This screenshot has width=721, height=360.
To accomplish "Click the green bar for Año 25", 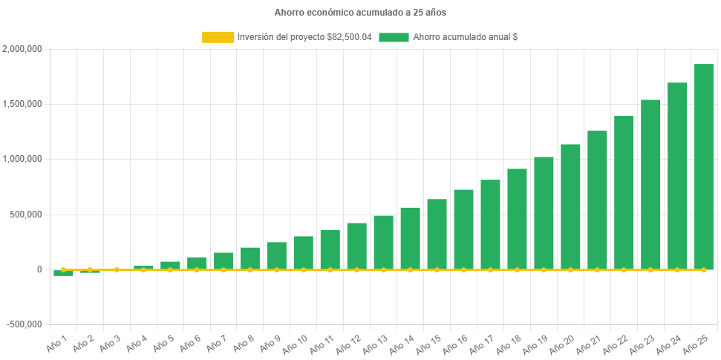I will click(x=703, y=167).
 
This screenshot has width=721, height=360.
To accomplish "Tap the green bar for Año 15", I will click(x=437, y=234).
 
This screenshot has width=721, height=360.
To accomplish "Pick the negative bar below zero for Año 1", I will click(x=63, y=273).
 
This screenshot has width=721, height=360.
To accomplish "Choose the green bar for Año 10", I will click(x=303, y=252).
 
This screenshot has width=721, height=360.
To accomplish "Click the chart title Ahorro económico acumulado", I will click(x=360, y=13).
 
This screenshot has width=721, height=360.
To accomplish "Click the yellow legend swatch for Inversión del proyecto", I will click(x=218, y=37).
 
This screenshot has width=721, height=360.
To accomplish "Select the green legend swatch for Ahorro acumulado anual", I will click(x=394, y=37).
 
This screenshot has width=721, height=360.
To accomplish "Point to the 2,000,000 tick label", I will click(x=22, y=49).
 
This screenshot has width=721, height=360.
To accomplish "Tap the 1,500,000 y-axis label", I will click(x=22, y=104).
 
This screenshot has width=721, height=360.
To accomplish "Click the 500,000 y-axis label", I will click(x=26, y=215).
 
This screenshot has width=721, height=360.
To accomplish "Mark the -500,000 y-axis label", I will click(x=24, y=324).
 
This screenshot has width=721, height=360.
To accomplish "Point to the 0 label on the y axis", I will click(x=39, y=269).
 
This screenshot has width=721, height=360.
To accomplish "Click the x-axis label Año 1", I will click(x=56, y=343).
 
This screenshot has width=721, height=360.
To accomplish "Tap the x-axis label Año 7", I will click(x=216, y=343).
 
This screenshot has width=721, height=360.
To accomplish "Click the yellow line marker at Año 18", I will click(x=517, y=270).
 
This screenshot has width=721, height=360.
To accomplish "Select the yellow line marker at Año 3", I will click(x=117, y=270).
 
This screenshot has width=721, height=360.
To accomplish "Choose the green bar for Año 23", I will click(x=650, y=185).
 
